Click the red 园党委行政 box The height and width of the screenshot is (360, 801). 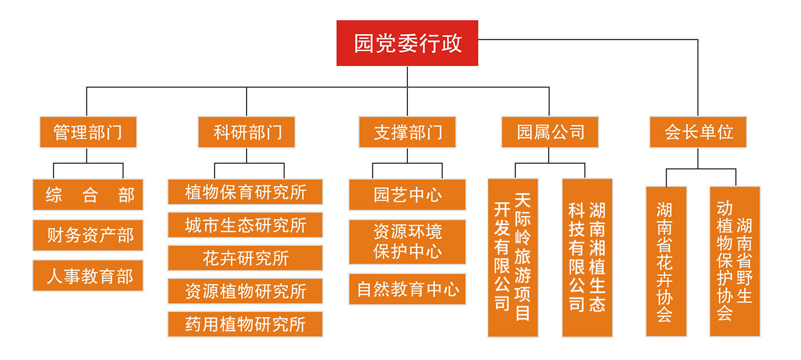click(x=407, y=43)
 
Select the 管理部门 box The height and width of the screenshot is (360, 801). click(x=88, y=132)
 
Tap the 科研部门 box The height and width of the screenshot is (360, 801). click(x=247, y=132)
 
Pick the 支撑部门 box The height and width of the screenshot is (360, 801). click(x=407, y=132)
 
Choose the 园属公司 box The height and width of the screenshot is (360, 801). click(x=550, y=132)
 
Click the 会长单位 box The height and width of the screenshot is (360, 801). click(x=698, y=132)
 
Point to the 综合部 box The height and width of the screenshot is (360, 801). click(x=88, y=195)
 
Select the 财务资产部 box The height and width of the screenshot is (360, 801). click(x=88, y=235)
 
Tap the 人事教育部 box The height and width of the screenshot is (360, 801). click(x=88, y=275)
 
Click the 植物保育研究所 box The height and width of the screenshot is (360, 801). click(x=245, y=192)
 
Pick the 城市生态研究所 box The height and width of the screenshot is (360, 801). click(x=245, y=225)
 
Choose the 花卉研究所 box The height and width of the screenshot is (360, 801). click(x=245, y=258)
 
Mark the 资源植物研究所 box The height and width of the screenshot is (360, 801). click(x=245, y=291)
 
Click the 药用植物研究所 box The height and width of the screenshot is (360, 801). click(x=245, y=324)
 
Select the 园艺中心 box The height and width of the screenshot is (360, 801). click(x=407, y=195)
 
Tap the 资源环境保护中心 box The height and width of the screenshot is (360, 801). click(x=407, y=242)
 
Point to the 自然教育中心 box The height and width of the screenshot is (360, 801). click(x=407, y=289)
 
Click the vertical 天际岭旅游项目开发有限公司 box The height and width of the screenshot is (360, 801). click(x=513, y=257)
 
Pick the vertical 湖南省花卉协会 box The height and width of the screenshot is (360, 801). click(x=666, y=261)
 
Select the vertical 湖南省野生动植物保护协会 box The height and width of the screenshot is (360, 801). click(x=735, y=261)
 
